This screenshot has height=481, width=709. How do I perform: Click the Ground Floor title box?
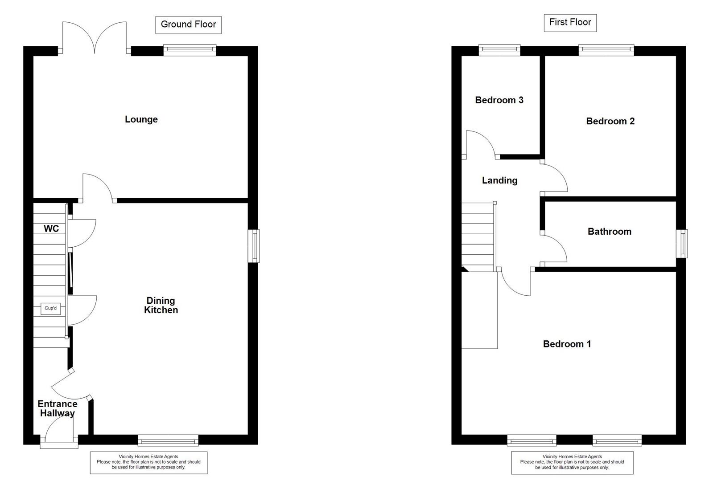coord(188,24)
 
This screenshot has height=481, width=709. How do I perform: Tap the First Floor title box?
coord(570,22)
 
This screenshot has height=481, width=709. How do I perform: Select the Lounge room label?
coord(141,119)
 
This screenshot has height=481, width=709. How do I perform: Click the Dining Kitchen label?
coord(161,306)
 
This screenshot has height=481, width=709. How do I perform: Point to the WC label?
coord(51,229)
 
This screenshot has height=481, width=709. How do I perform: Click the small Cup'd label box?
coord(50,308)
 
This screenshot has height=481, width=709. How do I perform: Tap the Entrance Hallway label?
coord(57,408)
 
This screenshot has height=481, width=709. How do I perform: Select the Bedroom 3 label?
coord(499,100)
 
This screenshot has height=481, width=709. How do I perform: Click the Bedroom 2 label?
coord(610,121)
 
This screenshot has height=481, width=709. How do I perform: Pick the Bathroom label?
coord(609,232)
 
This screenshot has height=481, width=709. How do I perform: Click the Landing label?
coord(499,180)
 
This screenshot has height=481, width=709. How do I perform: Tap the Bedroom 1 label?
coord(567,344)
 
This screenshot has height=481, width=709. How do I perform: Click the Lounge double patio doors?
coord(95,38)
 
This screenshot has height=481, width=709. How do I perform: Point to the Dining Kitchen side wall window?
coord(254,246)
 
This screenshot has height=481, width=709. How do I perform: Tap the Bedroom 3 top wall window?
coord(499,50)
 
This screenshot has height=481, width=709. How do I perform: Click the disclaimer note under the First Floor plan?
coord(572,462)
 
